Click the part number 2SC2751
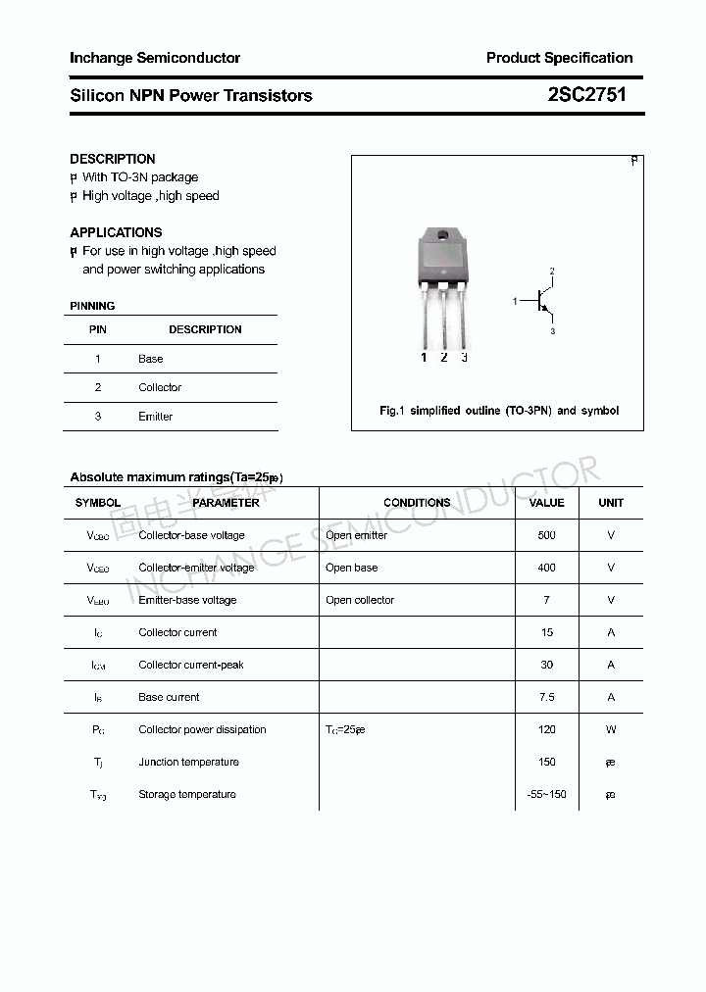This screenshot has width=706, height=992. [x=586, y=95]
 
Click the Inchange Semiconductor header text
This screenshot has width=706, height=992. [x=155, y=58]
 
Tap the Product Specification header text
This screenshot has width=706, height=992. [x=559, y=58]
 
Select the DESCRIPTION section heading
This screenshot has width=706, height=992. [x=113, y=159]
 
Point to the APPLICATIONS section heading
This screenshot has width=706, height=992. [x=116, y=232]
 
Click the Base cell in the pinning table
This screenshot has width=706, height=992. [x=151, y=359]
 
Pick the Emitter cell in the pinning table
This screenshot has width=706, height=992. [x=155, y=417]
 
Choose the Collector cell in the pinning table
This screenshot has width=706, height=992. [x=160, y=387]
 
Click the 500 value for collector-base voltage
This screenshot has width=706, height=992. [x=546, y=535]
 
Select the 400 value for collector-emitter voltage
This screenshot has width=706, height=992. [x=546, y=568]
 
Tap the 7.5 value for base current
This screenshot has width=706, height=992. [x=546, y=697]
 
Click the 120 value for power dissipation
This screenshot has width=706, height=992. [x=546, y=729]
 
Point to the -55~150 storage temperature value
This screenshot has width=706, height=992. [x=546, y=794]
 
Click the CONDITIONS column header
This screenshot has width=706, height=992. [x=417, y=503]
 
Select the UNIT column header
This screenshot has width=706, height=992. [x=611, y=503]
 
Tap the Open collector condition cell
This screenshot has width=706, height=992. [x=360, y=600]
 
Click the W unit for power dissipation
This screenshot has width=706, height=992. [x=611, y=729]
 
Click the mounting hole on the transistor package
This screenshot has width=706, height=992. [x=443, y=234]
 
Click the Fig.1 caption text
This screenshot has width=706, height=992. [x=499, y=411]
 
